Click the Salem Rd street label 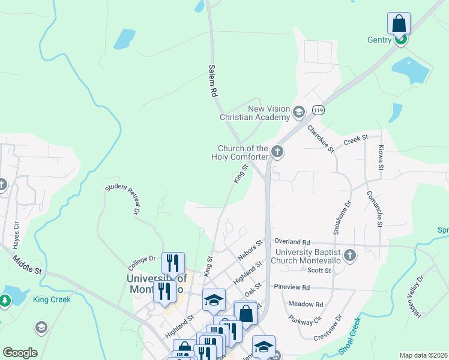pyautogui.click(x=212, y=82)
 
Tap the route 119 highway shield pyautogui.click(x=318, y=110)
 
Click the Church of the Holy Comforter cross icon pyautogui.click(x=277, y=151)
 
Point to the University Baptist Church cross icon pyautogui.click(x=350, y=256)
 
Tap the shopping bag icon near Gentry pyautogui.click(x=399, y=25)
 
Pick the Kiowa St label pyautogui.click(x=381, y=157)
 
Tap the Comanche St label pyautogui.click(x=379, y=209)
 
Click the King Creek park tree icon pyautogui.click(x=5, y=299)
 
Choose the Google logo pyautogui.click(x=20, y=353)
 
